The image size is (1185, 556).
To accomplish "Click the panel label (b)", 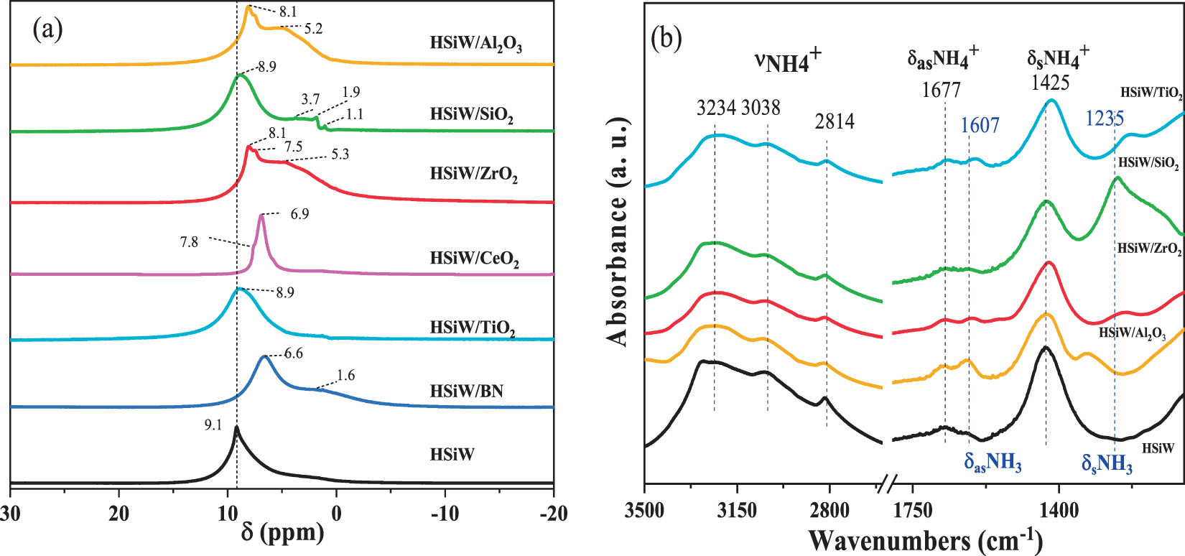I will (666, 38).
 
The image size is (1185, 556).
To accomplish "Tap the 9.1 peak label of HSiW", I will (213, 425).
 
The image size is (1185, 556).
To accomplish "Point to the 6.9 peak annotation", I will (299, 214).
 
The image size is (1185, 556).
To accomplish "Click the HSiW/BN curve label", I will (466, 391).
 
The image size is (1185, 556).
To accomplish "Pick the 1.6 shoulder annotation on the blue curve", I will (345, 376).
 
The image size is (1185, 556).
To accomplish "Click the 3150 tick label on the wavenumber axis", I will (737, 511).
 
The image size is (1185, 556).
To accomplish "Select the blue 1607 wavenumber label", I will (980, 125).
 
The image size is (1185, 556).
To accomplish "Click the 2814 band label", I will (834, 121).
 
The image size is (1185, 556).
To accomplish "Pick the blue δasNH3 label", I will (993, 463).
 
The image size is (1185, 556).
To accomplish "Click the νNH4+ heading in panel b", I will (788, 62).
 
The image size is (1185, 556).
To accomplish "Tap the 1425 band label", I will (1050, 83).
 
